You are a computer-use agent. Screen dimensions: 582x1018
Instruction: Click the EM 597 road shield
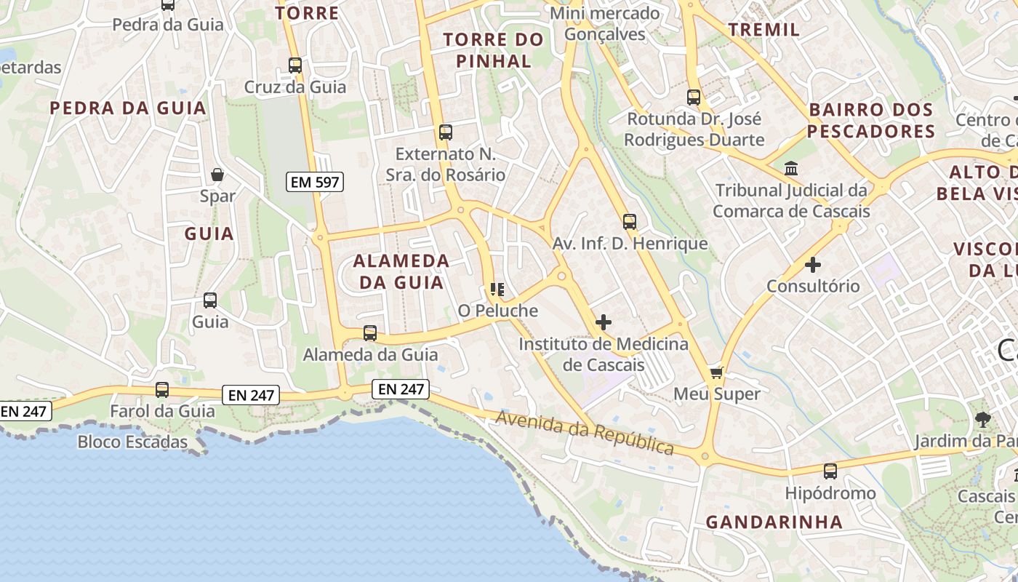(315, 182)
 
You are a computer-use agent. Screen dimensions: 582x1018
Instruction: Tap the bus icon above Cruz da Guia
(294, 65)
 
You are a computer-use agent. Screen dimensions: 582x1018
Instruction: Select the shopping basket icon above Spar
(217, 175)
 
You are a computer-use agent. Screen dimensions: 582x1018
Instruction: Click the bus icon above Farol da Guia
(162, 390)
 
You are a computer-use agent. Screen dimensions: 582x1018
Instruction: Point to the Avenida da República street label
(585, 432)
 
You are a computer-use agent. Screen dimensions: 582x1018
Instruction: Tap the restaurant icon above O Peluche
(497, 290)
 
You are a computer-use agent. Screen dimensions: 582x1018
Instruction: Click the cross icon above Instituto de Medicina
(603, 322)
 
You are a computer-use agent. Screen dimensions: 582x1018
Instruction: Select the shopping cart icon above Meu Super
(716, 372)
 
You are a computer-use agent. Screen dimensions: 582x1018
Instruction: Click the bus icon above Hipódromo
(830, 471)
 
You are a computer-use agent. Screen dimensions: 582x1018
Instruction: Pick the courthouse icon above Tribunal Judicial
(791, 169)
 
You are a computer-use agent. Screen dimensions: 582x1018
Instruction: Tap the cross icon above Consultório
(813, 265)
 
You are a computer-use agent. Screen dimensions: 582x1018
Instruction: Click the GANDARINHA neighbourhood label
(774, 522)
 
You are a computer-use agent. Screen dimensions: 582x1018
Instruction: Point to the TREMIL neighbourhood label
(763, 30)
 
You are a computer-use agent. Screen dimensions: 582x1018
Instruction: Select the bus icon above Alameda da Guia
(370, 333)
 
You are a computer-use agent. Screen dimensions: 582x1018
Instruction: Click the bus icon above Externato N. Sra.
(446, 132)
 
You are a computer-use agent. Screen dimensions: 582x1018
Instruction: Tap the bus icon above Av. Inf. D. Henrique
(630, 222)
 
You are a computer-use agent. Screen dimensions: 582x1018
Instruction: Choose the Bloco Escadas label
(132, 442)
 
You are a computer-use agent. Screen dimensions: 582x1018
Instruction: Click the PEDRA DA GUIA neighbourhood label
(128, 108)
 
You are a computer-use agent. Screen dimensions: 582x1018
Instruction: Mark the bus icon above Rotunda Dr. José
(694, 97)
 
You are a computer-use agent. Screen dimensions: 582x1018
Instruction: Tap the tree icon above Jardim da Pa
(982, 419)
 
